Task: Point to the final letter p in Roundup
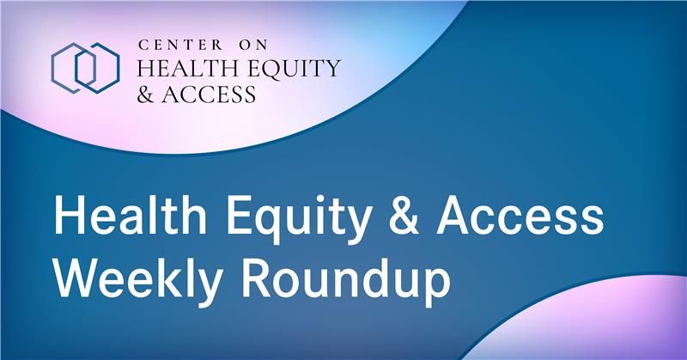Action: [x=435, y=289]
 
